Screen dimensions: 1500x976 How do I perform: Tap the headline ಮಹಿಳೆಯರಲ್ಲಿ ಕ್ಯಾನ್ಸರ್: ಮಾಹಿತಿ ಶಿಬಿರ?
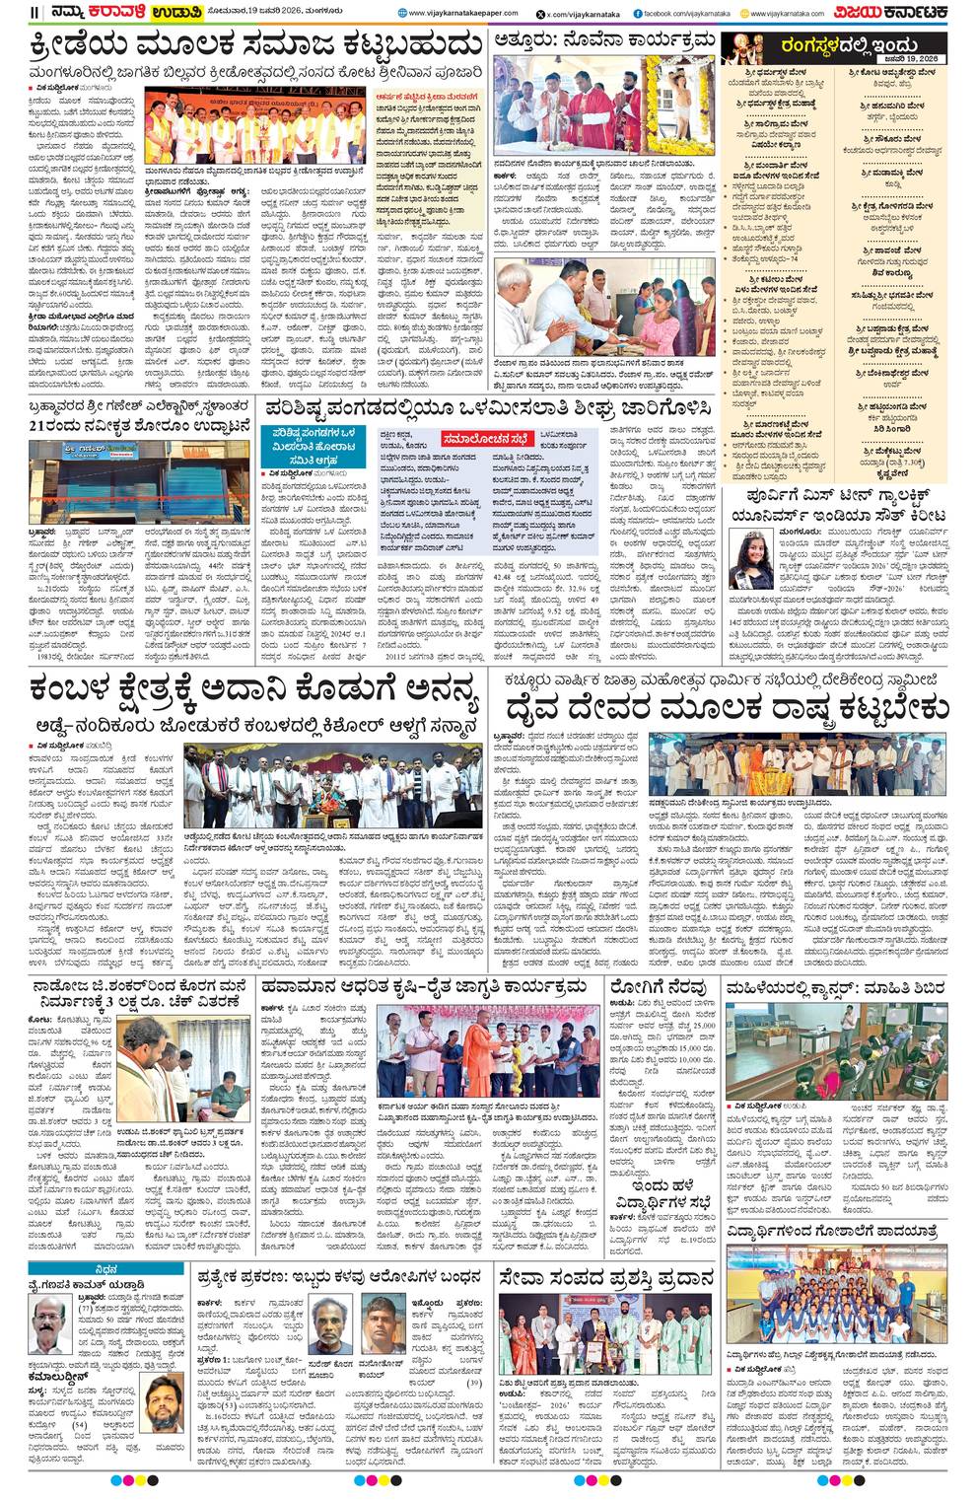coord(834,987)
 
